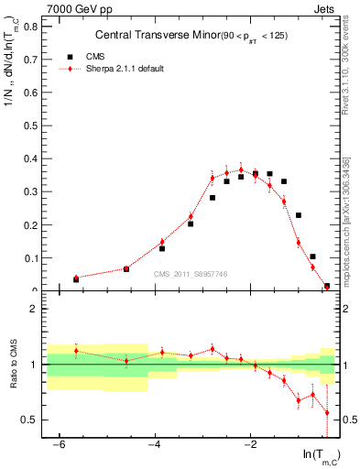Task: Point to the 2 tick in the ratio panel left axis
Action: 33,309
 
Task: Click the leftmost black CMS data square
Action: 76,279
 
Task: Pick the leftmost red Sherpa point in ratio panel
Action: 76,351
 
